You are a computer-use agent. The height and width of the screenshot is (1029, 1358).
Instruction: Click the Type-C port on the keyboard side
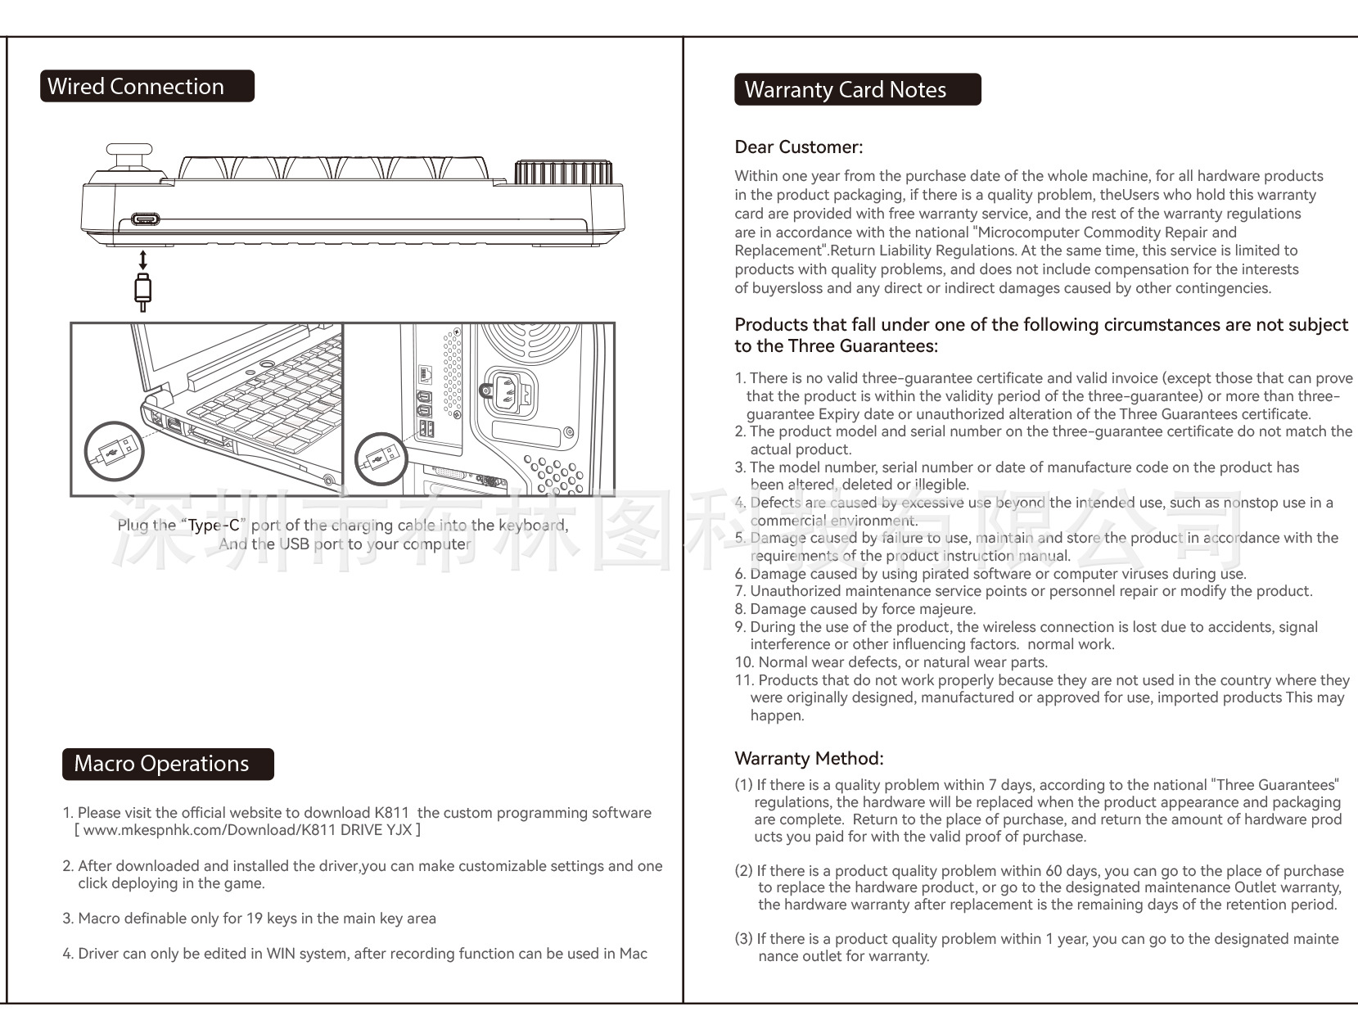146,220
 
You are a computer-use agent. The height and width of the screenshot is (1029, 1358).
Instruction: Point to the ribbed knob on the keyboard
563,173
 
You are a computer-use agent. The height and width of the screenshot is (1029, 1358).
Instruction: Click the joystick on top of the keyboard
129,158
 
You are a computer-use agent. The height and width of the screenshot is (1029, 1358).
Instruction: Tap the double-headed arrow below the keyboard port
143,260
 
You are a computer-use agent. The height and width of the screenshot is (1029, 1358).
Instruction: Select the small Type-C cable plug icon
143,292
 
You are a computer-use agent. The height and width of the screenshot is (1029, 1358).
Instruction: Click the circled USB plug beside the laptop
115,451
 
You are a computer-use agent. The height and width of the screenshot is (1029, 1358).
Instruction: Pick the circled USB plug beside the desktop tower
381,458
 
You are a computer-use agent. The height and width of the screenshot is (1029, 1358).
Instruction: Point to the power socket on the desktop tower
511,392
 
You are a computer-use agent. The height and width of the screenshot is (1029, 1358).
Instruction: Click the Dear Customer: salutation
798,147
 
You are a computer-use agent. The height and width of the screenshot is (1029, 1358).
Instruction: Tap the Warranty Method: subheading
809,758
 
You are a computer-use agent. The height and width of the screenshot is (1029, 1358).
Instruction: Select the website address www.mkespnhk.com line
247,830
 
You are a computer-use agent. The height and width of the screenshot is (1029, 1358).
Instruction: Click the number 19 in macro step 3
254,918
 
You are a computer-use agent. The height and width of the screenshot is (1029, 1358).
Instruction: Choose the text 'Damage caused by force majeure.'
863,609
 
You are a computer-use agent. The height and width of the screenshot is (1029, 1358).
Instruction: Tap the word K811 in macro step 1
391,813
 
